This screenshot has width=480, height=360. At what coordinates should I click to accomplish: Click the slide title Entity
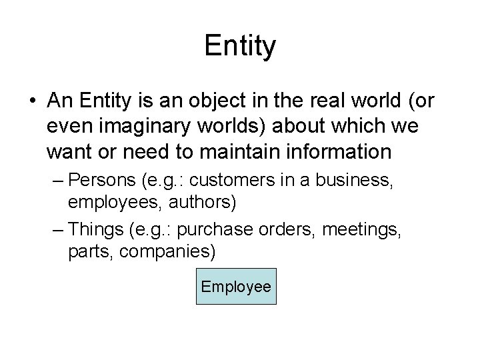click(x=240, y=47)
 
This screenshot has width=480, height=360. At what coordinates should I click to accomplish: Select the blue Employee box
click(x=236, y=287)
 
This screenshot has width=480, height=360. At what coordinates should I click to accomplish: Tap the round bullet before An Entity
click(x=32, y=101)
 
